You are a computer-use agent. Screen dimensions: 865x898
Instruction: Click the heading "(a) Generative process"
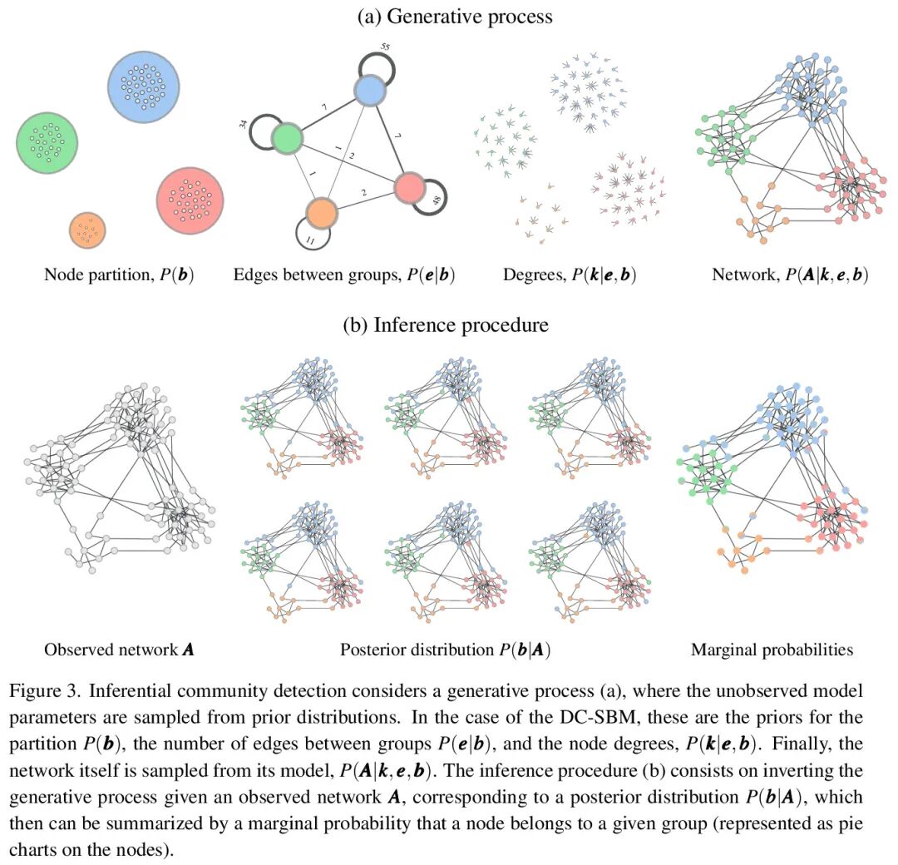point(455,16)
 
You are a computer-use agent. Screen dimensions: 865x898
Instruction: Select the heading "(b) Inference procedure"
point(447,325)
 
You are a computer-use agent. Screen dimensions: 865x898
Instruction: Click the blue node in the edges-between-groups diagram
point(371,90)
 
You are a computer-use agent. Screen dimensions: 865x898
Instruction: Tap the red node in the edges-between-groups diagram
point(408,188)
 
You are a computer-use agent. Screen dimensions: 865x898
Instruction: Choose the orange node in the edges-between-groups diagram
point(321,213)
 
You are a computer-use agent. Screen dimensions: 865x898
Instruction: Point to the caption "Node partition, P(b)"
point(119,274)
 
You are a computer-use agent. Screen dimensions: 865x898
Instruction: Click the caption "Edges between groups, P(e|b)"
point(344,274)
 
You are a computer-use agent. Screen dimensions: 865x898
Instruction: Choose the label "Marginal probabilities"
point(772,650)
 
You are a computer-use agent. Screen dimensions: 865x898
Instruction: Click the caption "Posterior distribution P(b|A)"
point(446,650)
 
